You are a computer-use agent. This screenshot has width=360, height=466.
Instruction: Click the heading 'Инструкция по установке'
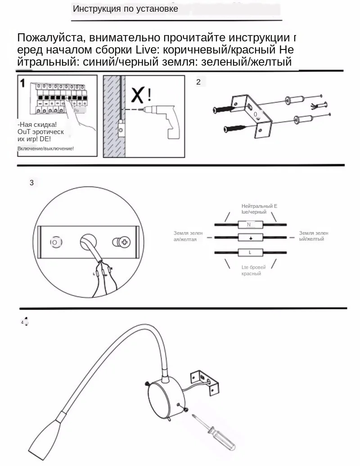click(125, 9)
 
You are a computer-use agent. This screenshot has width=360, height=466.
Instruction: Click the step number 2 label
click(198, 82)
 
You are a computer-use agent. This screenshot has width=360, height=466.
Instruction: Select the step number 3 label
click(31, 183)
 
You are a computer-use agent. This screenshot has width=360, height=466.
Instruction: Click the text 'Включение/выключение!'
click(45, 148)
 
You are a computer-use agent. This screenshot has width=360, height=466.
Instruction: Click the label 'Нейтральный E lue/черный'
click(259, 209)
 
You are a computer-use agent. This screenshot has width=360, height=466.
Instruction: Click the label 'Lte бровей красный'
click(253, 270)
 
